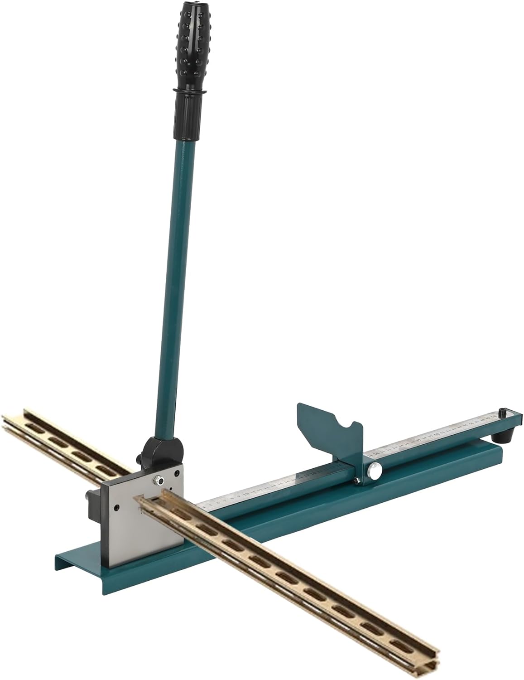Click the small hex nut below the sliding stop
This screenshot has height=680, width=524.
pos(357,480)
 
